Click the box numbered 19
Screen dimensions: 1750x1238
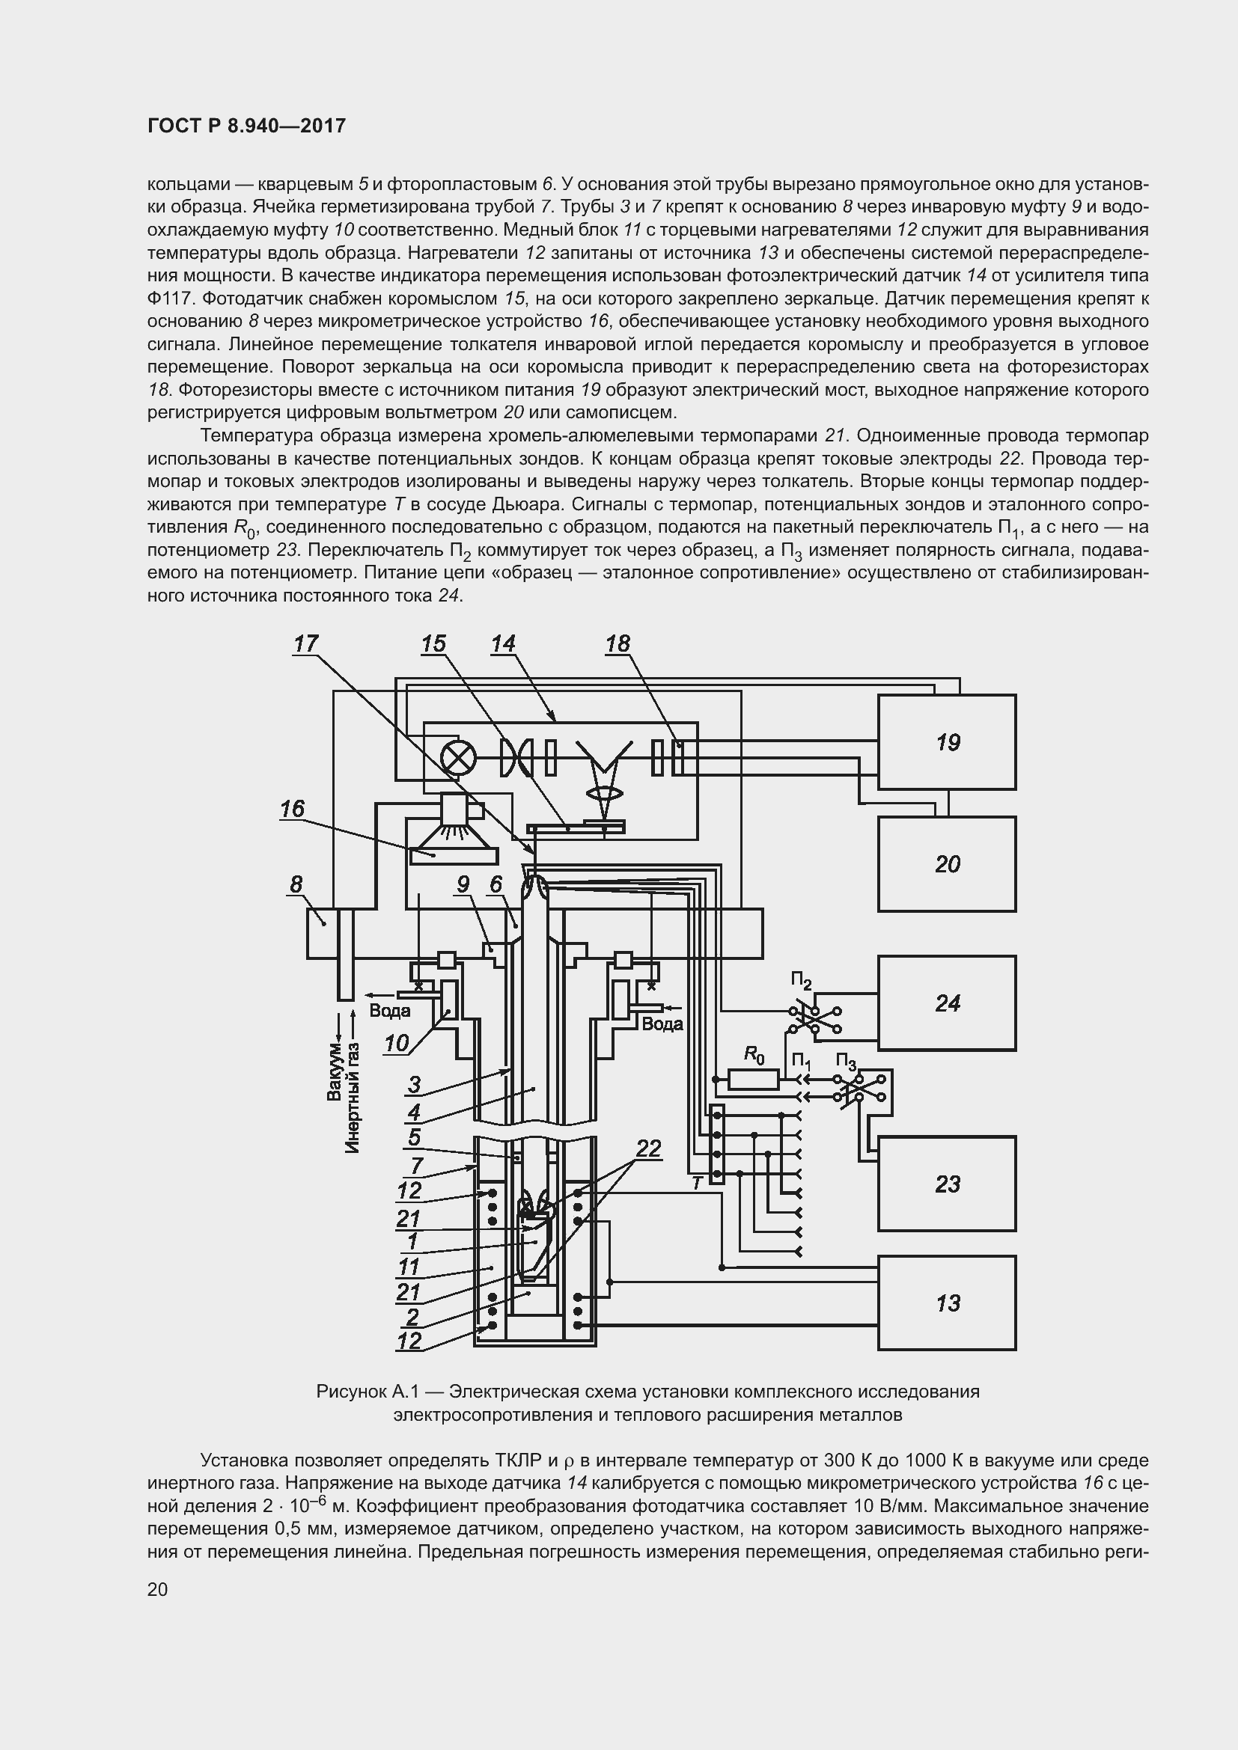(946, 741)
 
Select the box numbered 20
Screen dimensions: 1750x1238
(946, 863)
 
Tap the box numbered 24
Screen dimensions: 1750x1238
(946, 1003)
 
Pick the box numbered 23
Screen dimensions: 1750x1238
(946, 1183)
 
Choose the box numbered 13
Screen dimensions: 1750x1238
(946, 1303)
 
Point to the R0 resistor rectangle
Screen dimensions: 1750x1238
(753, 1080)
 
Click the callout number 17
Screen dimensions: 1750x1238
(305, 644)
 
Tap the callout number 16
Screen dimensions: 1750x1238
(292, 808)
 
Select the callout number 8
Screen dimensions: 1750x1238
(296, 884)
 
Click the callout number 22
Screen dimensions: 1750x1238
(648, 1148)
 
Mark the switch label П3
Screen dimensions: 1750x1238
(847, 1062)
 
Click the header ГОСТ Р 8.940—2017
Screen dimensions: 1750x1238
(246, 126)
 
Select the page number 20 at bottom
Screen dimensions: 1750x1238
(158, 1589)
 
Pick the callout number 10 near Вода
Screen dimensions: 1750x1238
(397, 1043)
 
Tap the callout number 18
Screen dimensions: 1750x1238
(618, 644)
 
